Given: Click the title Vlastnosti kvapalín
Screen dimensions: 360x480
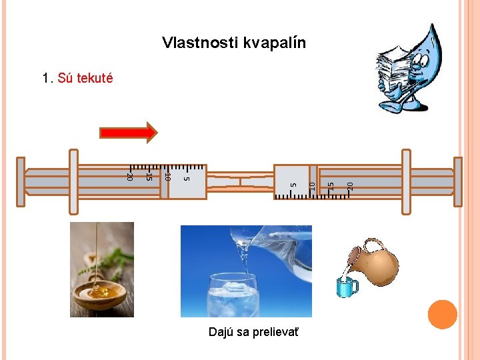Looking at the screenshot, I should (234, 43).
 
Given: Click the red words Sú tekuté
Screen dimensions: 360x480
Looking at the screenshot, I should (85, 79).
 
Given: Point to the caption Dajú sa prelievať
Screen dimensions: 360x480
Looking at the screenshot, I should (244, 331).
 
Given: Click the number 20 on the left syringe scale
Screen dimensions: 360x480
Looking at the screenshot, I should (131, 177).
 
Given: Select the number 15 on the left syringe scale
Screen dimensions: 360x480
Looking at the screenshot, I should (149, 177).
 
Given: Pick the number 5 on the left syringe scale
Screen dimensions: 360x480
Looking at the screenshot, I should (187, 177).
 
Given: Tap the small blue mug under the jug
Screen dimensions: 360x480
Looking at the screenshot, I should (347, 287).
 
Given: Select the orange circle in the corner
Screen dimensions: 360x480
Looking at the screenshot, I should (443, 315).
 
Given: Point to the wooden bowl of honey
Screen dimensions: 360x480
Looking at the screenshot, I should (100, 294).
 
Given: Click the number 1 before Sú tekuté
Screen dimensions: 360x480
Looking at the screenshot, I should (45, 79).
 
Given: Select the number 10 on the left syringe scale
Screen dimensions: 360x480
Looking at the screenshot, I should (168, 177).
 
